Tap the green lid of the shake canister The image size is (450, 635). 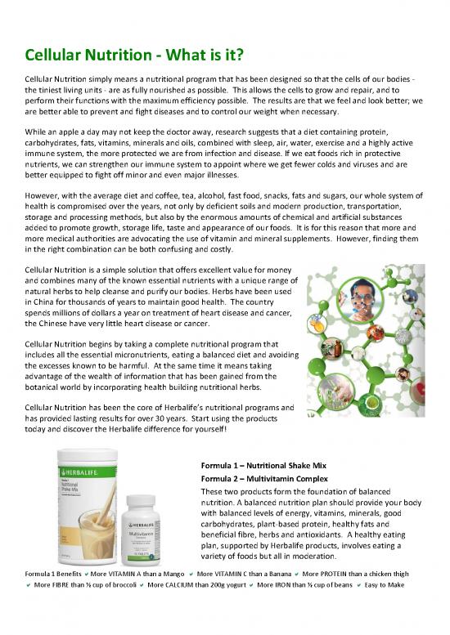coord(90,458)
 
